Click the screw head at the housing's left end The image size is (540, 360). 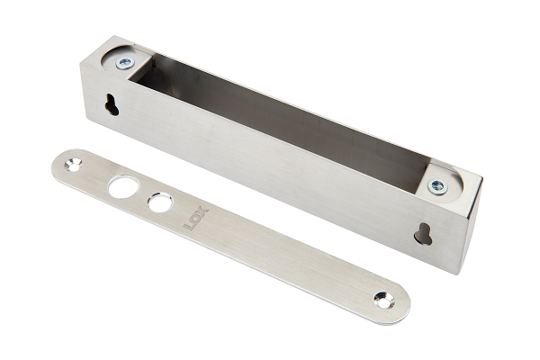pyautogui.click(x=125, y=63)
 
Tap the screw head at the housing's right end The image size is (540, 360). pyautogui.click(x=437, y=187)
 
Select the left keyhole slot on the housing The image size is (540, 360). pyautogui.click(x=112, y=104)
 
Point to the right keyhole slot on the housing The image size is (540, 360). pyautogui.click(x=424, y=234)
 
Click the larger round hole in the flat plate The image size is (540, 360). pyautogui.click(x=123, y=186)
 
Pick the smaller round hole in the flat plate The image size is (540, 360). pyautogui.click(x=160, y=202)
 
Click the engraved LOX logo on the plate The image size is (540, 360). pyautogui.click(x=196, y=218)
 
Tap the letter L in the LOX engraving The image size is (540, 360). pyautogui.click(x=189, y=226)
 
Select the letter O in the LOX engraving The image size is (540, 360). pyautogui.click(x=195, y=218)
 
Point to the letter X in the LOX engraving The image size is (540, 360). pyautogui.click(x=202, y=211)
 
